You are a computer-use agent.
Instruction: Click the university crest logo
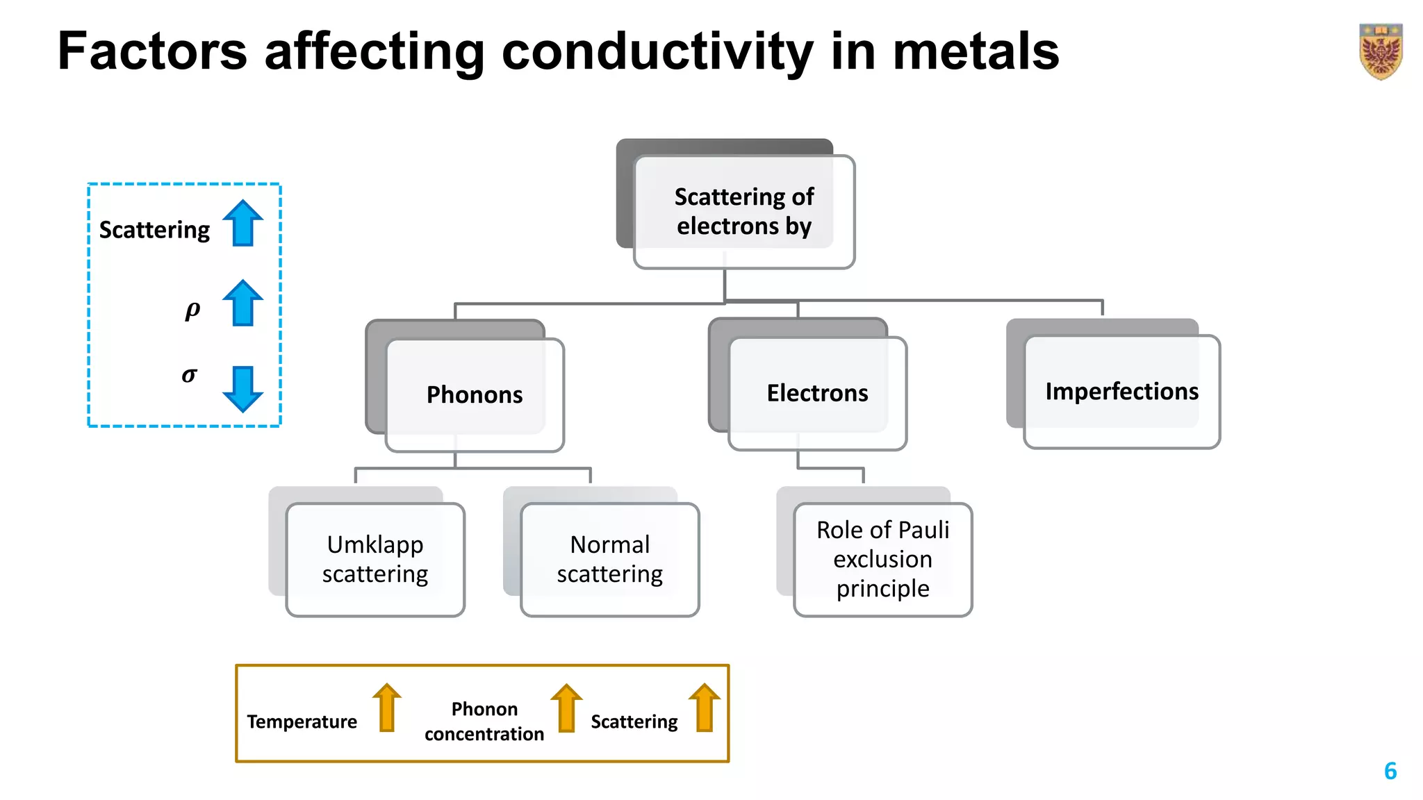click(x=1380, y=51)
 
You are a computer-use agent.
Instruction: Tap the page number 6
click(x=1390, y=771)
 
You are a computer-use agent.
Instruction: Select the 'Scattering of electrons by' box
click(x=744, y=211)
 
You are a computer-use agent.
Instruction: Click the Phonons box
click(x=475, y=394)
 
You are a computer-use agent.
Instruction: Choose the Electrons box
click(x=817, y=393)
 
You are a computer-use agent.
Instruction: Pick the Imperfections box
click(x=1121, y=392)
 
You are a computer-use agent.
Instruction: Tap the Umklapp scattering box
click(x=375, y=559)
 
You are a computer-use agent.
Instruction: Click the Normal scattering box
click(x=609, y=559)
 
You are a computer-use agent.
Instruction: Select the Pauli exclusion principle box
click(x=882, y=559)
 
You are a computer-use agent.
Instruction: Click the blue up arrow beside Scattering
click(x=242, y=224)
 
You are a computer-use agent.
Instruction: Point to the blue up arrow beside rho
click(x=242, y=303)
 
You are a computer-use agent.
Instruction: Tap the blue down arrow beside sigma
click(x=242, y=388)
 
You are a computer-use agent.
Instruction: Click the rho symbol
click(x=192, y=310)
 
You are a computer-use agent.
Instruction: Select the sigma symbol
click(x=189, y=376)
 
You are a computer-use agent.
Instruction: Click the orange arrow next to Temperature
click(x=387, y=708)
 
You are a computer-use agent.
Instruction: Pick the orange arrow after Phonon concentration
click(x=566, y=708)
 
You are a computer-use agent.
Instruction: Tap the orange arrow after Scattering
click(x=705, y=708)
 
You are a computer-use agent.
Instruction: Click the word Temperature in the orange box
click(x=302, y=722)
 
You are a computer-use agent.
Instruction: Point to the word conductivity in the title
click(x=657, y=52)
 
